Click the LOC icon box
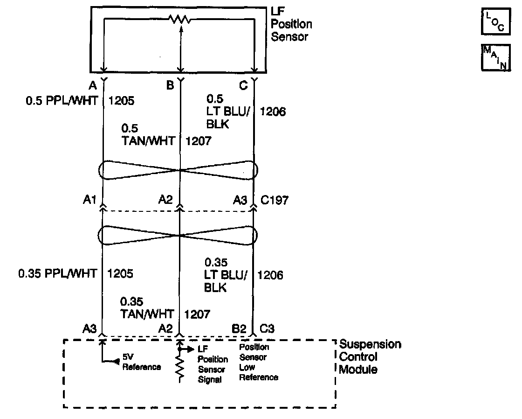[x=494, y=23]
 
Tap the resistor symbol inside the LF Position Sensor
[x=180, y=20]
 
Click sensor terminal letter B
[x=170, y=85]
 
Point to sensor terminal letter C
[x=243, y=85]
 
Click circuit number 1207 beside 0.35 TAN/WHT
[x=197, y=314]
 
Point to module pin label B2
[x=239, y=329]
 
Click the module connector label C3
[x=268, y=329]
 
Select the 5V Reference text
[x=142, y=363]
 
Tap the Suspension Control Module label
[x=370, y=357]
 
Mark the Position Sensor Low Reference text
[x=259, y=362]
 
